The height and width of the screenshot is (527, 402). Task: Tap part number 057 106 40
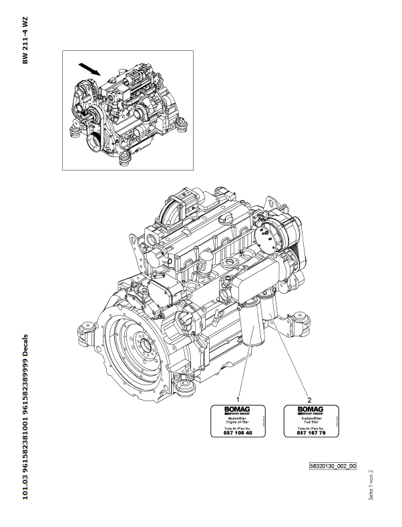(232, 433)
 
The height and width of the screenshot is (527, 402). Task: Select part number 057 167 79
(309, 433)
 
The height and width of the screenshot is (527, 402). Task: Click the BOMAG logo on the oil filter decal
(232, 409)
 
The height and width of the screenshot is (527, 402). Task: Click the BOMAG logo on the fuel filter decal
(309, 409)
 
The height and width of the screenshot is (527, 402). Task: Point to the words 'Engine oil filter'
(231, 422)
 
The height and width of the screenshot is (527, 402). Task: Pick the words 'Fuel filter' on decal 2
(309, 422)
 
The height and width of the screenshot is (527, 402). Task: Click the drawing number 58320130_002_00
(333, 465)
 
